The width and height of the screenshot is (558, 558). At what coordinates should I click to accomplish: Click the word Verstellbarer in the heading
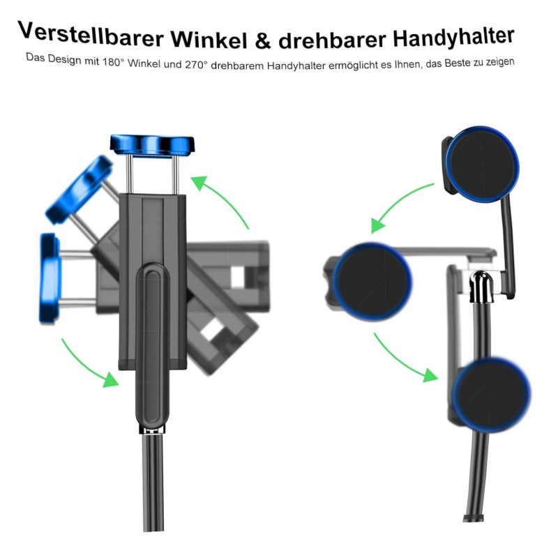click(91, 35)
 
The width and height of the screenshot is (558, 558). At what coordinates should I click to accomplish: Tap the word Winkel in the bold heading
click(209, 40)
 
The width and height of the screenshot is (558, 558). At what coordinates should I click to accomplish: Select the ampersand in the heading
click(263, 41)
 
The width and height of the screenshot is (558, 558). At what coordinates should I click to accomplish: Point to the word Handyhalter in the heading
click(454, 37)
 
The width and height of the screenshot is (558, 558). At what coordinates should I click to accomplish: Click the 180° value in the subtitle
click(113, 62)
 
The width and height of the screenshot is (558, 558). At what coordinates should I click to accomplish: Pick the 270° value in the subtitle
click(196, 64)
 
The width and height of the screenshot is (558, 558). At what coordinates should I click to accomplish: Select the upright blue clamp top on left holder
click(152, 145)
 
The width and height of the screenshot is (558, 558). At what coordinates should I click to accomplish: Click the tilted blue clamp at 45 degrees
click(80, 190)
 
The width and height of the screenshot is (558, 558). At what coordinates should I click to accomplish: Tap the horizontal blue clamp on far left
click(50, 278)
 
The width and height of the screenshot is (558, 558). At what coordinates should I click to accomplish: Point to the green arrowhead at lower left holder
click(110, 379)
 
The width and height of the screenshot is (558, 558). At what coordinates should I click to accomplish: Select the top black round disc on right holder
click(482, 165)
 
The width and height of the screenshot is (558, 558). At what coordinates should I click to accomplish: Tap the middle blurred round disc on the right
click(372, 282)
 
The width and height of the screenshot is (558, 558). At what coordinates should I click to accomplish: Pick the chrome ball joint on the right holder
click(481, 285)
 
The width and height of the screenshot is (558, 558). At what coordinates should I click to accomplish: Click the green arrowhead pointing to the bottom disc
click(430, 375)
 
